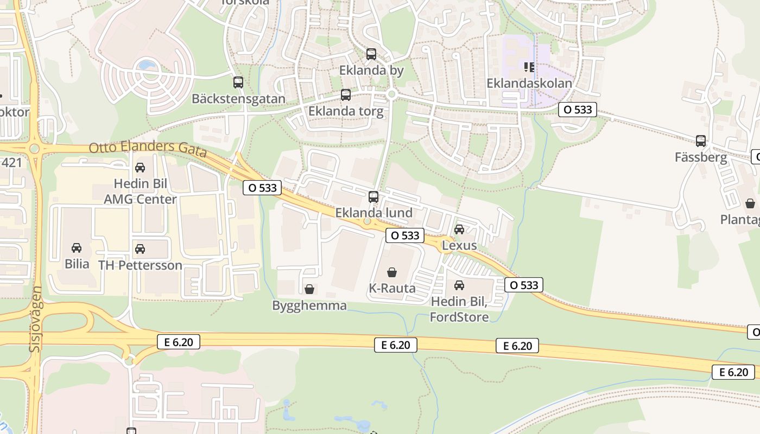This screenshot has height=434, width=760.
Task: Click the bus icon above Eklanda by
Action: [x=371, y=54]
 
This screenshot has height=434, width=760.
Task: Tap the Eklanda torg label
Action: [x=346, y=112]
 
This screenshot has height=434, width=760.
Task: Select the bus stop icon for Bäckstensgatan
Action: [x=238, y=82]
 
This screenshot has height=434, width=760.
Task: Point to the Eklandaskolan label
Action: [x=529, y=84]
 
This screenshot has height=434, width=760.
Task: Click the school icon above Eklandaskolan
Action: [x=529, y=67]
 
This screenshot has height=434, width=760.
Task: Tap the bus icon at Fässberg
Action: [x=701, y=141]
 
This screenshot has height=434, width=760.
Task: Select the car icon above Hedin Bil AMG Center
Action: [x=140, y=168]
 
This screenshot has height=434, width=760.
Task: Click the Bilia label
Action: [x=77, y=264]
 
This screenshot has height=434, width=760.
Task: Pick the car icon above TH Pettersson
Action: [x=140, y=249]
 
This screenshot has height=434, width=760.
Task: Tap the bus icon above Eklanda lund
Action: [x=373, y=197]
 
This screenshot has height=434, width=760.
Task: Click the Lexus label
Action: [x=459, y=245]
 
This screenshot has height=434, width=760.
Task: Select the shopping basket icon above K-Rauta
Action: [x=392, y=272]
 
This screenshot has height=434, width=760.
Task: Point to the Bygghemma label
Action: [x=309, y=305]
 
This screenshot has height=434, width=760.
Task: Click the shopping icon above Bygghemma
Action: [x=309, y=289]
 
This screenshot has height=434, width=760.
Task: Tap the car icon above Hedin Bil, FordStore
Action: [x=459, y=285]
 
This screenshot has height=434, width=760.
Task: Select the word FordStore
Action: [x=459, y=317]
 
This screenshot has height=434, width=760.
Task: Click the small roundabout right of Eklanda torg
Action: [x=392, y=94]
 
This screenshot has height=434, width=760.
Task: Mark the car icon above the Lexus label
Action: [x=459, y=229]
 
